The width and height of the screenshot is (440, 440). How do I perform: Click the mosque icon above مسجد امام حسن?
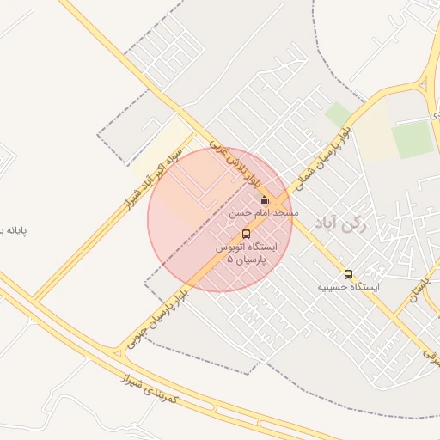264,200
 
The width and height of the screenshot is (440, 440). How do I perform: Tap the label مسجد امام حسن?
264,211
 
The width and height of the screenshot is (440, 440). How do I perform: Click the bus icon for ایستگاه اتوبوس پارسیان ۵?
247,234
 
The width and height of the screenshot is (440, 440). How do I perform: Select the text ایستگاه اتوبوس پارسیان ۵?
247,252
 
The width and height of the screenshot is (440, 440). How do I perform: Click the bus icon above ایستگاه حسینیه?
348,274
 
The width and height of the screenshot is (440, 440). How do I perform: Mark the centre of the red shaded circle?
220,220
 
